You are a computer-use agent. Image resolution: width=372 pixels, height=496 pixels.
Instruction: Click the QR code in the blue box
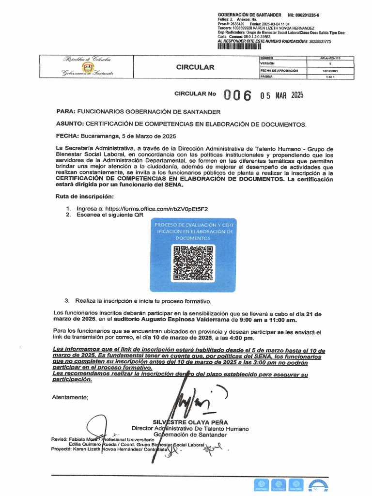point(193,263)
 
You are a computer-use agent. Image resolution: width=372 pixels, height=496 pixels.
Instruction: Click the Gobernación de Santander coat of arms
point(88,67)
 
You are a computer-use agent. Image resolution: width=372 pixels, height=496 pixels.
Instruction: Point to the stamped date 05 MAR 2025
point(281,95)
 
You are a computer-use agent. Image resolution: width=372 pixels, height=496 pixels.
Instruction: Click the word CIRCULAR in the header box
point(195,67)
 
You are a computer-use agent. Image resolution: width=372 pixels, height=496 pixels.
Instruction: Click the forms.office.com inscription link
point(153,209)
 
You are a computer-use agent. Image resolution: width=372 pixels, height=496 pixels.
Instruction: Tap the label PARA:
point(66,111)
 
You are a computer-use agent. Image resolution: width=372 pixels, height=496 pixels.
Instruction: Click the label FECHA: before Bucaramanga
point(67,136)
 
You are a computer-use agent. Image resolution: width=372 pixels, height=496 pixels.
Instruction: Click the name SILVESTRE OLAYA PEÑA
point(190,422)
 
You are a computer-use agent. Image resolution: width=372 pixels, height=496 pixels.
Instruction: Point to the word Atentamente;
point(70,397)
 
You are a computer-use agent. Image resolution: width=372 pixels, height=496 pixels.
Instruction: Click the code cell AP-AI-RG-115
point(330,58)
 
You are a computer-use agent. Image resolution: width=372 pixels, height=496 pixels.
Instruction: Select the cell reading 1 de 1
point(330,77)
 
